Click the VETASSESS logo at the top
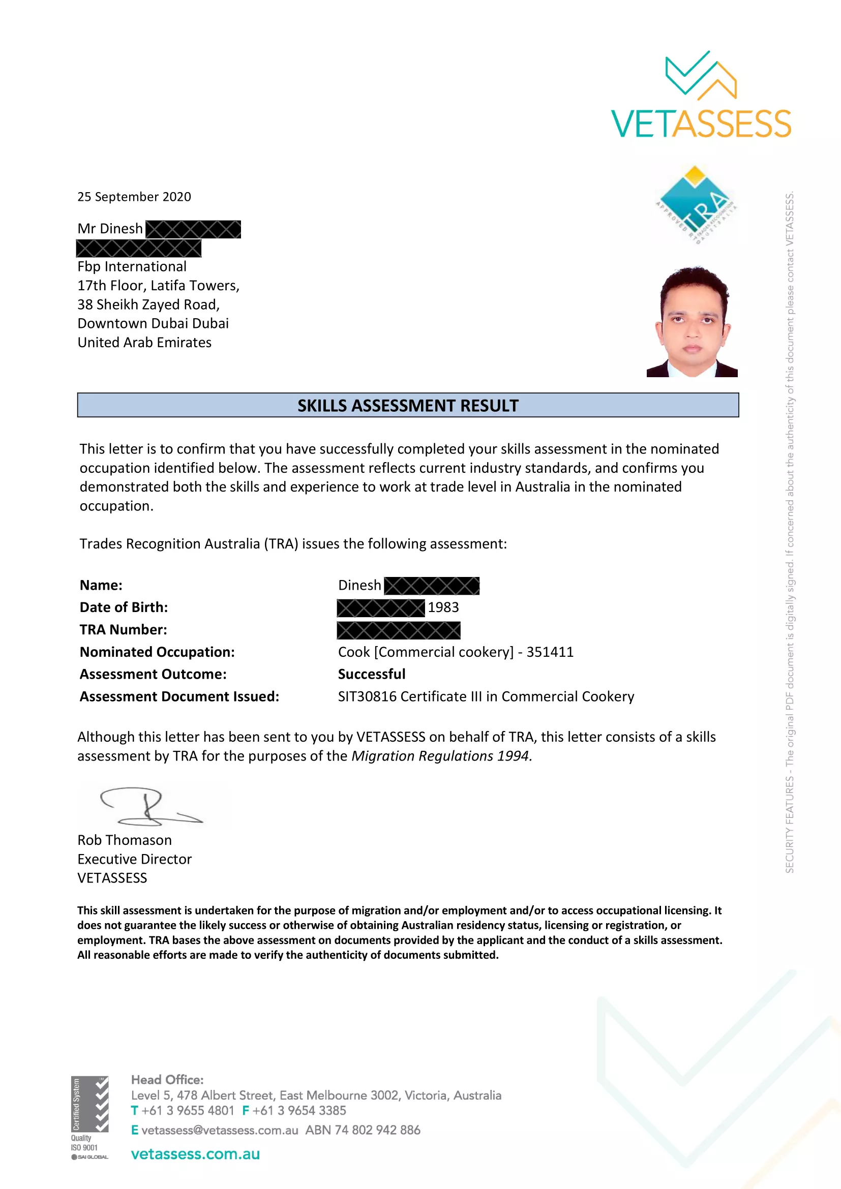(x=701, y=96)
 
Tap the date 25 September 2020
(x=134, y=197)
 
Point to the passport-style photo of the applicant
(x=692, y=322)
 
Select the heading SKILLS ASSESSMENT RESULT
(x=408, y=406)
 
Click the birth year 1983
(x=443, y=607)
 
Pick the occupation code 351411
(x=550, y=652)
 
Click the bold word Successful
(x=371, y=674)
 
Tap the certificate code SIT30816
(x=367, y=696)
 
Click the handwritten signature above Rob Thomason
(x=147, y=806)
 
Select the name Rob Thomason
(x=124, y=840)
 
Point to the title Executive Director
(x=134, y=859)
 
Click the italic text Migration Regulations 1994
(x=441, y=756)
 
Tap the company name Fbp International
(x=132, y=267)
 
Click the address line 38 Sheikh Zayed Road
(x=148, y=304)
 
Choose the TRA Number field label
(x=123, y=630)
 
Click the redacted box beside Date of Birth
(x=380, y=608)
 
